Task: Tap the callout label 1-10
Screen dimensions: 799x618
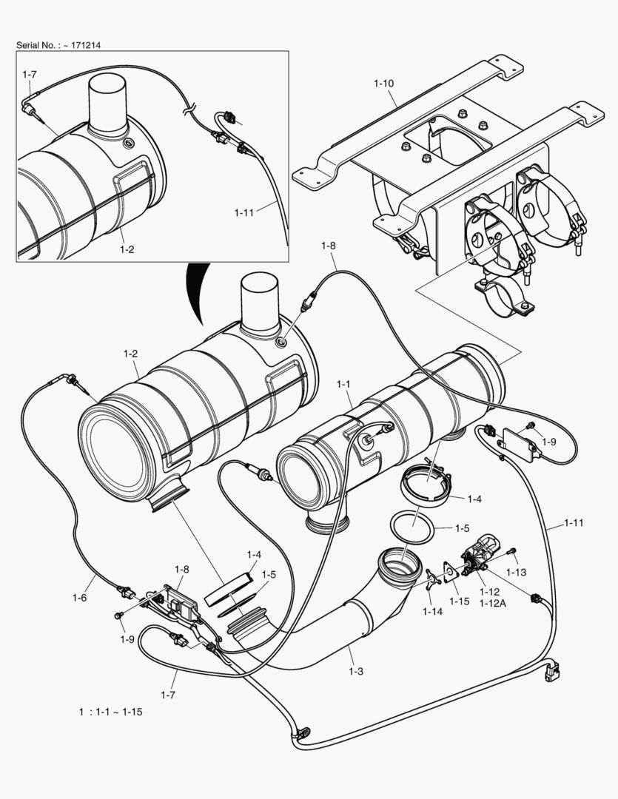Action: (x=383, y=84)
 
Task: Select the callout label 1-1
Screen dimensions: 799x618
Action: (x=343, y=384)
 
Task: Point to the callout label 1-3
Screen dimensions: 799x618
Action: (x=356, y=671)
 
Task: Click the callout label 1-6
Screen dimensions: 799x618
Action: (x=81, y=597)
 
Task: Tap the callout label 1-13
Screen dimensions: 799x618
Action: (x=516, y=573)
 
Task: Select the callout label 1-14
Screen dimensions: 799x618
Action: (x=432, y=611)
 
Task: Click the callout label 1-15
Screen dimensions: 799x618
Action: (x=460, y=601)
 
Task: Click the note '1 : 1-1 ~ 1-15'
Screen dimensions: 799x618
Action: (x=110, y=712)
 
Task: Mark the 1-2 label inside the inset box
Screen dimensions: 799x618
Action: (x=127, y=249)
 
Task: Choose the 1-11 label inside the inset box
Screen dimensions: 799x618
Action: (x=244, y=213)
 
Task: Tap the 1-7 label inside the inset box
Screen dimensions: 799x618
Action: (x=30, y=75)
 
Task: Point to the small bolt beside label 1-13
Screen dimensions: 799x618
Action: (x=512, y=551)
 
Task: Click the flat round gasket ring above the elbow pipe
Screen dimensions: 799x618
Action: (x=412, y=527)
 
